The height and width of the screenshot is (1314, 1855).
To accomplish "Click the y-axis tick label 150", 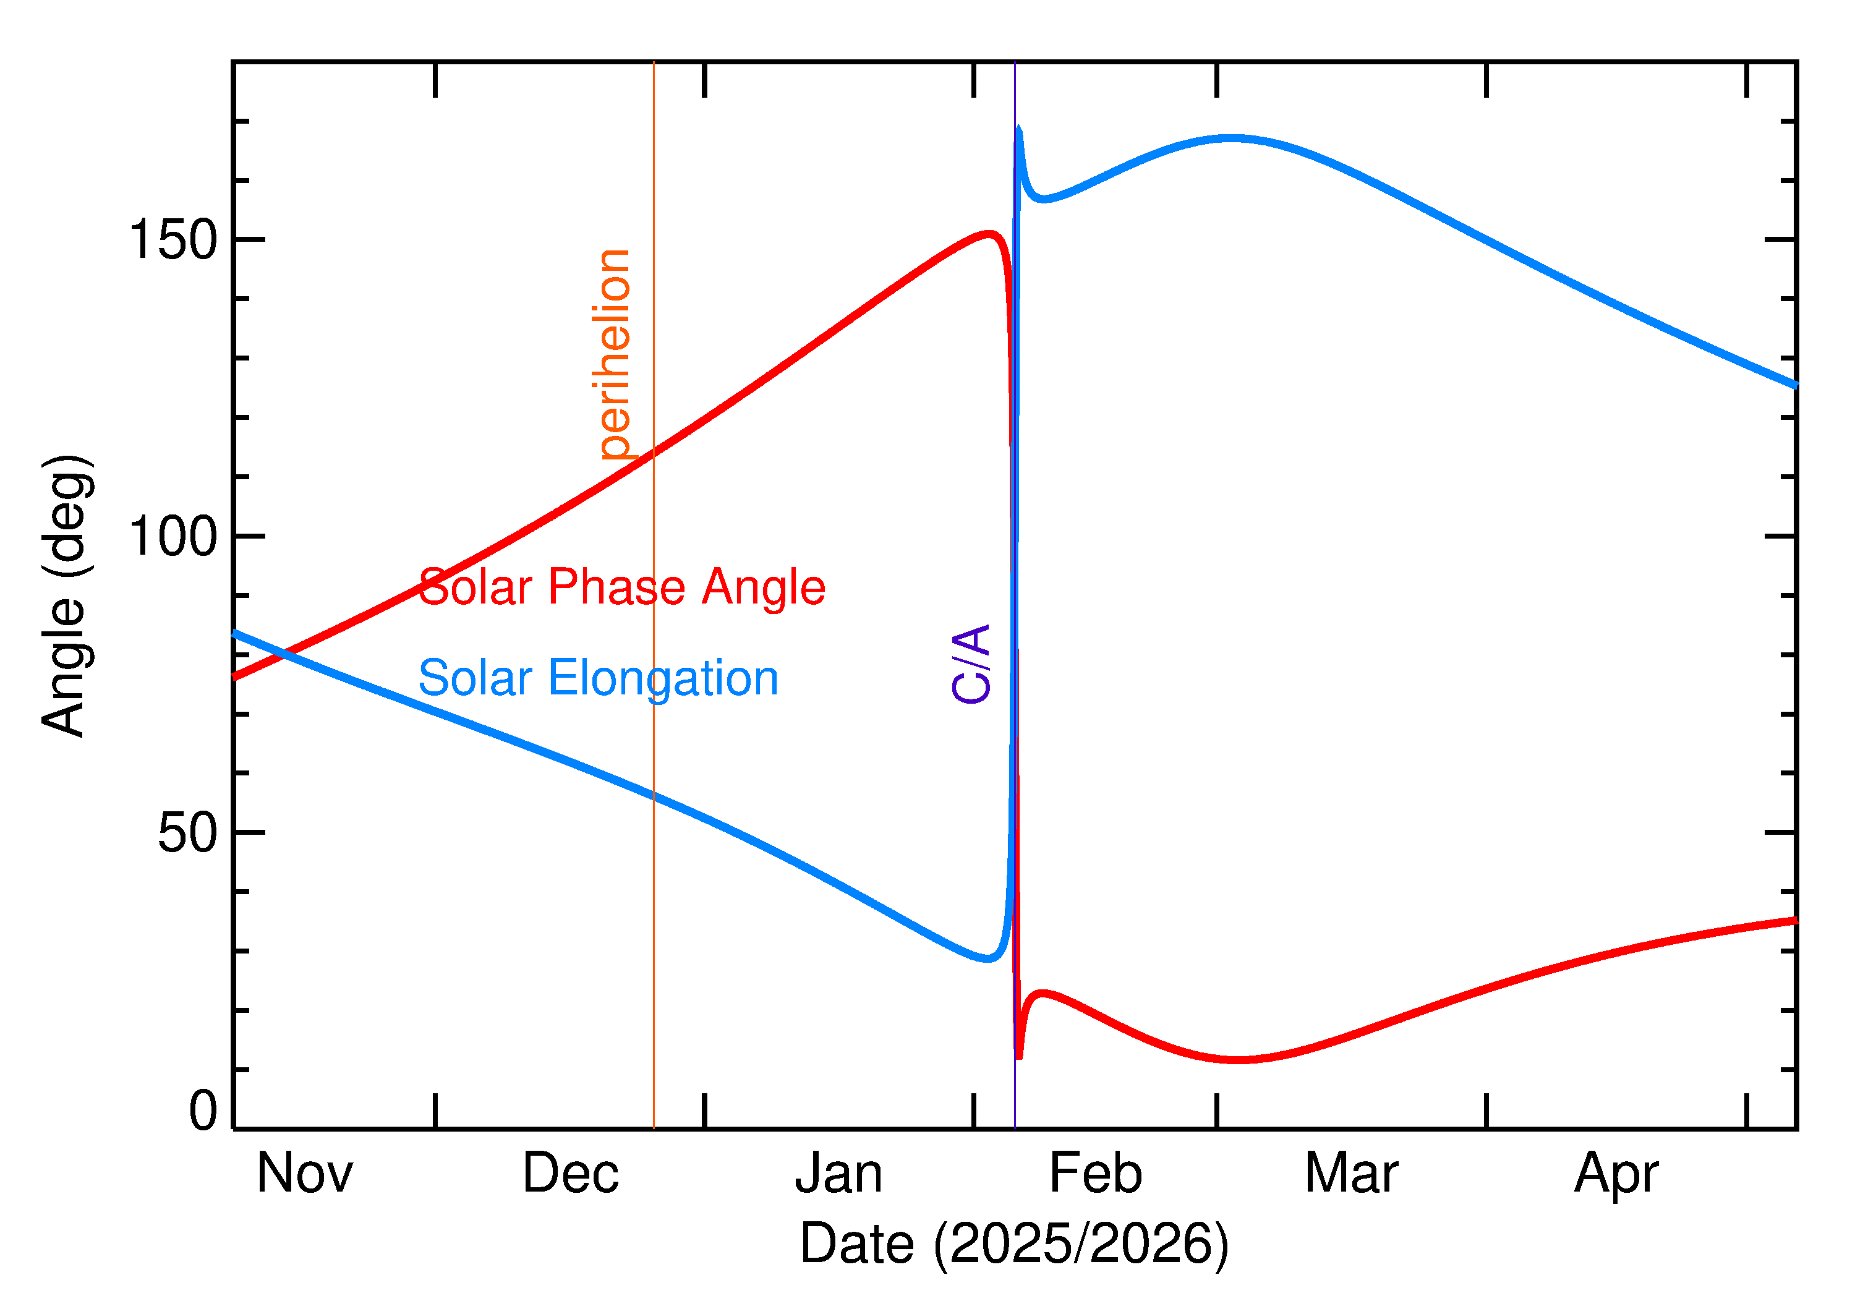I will [173, 241].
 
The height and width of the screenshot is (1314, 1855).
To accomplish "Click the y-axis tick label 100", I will [173, 537].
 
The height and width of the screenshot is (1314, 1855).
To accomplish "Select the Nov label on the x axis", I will [304, 1173].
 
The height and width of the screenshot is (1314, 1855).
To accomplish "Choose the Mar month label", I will [1351, 1173].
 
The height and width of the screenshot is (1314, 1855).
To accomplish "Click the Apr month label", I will [1616, 1173].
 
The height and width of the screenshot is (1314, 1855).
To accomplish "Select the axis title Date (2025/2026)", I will [1013, 1244].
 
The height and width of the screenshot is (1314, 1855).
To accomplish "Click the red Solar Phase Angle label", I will [621, 587].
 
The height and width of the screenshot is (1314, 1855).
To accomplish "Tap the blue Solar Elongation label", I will [598, 678].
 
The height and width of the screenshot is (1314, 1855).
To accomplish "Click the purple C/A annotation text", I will [971, 663].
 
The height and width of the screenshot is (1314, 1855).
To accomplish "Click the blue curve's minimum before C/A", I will [987, 959].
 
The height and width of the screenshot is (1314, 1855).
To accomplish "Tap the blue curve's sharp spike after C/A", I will [1019, 129].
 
